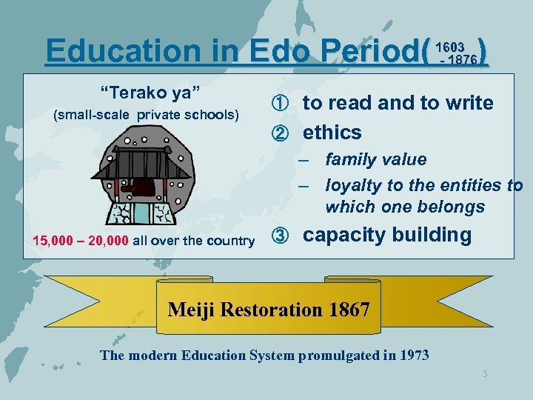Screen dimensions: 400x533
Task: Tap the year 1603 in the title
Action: (452, 47)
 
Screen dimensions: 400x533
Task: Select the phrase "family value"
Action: (376, 160)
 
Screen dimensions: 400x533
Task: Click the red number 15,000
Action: (58, 241)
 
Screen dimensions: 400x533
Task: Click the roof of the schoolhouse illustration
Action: (141, 165)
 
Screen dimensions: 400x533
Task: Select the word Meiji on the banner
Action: (191, 310)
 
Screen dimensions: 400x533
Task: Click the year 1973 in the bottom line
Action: (413, 356)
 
